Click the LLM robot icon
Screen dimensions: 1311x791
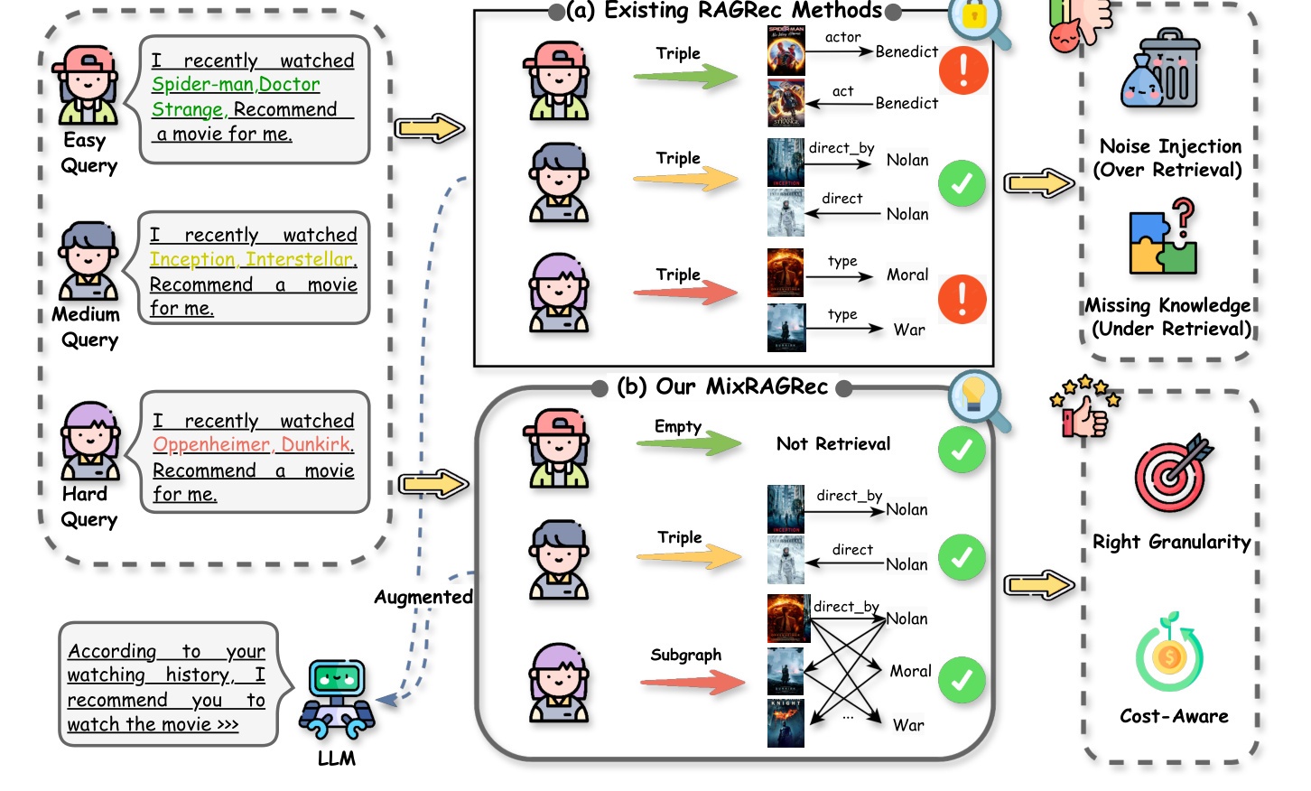336,699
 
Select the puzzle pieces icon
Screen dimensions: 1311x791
1163,237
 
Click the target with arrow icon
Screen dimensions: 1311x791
1173,472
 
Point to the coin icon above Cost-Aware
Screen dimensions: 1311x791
1169,652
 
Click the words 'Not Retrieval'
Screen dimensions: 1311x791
832,443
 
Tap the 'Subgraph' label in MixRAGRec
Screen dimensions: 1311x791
685,656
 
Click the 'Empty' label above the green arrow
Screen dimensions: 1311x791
678,426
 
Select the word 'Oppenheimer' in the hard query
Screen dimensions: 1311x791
211,445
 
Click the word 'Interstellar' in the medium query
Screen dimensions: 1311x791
301,259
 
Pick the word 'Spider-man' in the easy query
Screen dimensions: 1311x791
203,84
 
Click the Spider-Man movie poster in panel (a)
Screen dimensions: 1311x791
786,51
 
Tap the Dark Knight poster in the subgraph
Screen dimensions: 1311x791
786,723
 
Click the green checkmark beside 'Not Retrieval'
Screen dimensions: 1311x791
961,450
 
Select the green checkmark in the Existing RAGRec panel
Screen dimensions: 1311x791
961,183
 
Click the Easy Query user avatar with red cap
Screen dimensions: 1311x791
87,86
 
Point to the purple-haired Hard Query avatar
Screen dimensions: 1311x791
90,441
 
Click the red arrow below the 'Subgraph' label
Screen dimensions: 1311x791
693,682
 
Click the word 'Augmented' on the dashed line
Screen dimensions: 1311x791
423,597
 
